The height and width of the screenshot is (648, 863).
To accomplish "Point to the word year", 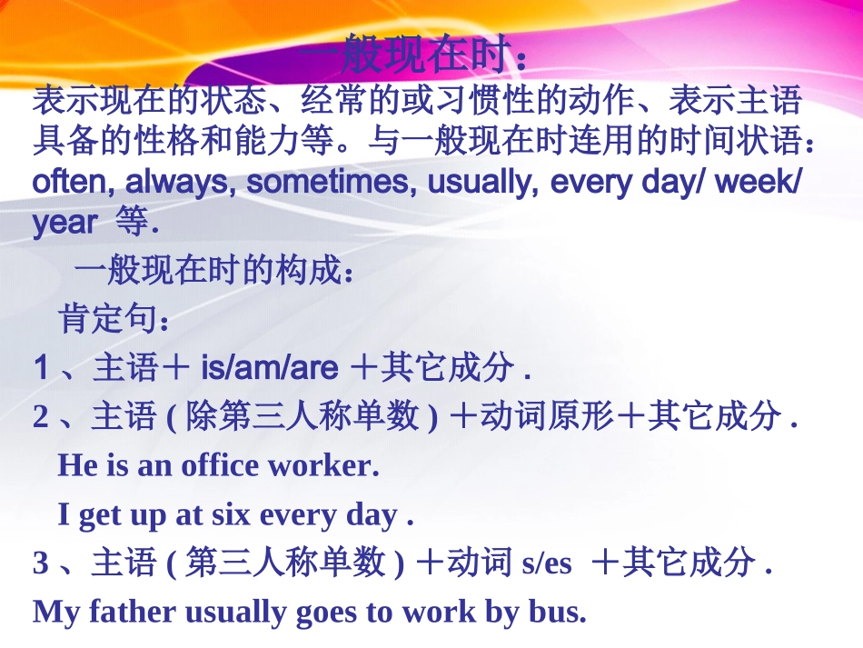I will pyautogui.click(x=64, y=223).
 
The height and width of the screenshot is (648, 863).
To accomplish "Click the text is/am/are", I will pyautogui.click(x=269, y=368).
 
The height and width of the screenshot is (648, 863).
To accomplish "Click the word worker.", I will pyautogui.click(x=322, y=465).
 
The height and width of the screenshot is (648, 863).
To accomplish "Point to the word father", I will pyautogui.click(x=134, y=612).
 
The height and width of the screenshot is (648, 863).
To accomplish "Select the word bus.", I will pyautogui.click(x=557, y=612).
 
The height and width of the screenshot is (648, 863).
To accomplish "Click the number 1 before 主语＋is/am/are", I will pyautogui.click(x=41, y=369).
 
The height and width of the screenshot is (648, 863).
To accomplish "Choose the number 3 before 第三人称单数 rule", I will pyautogui.click(x=41, y=564).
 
